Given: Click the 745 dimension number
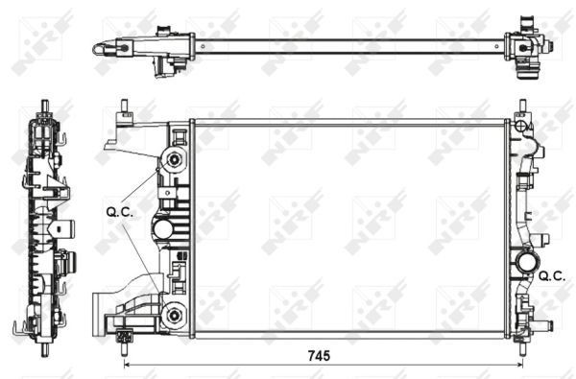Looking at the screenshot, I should (x=320, y=356).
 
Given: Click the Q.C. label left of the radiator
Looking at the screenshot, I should (x=118, y=213).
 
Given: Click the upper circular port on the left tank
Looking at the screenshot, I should (x=174, y=159).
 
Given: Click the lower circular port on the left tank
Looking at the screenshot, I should (x=174, y=315).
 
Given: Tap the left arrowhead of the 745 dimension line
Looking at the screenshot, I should (x=129, y=366).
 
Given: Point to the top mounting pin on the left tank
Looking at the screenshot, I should (x=123, y=108).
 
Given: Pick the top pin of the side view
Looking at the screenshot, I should (x=45, y=105).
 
